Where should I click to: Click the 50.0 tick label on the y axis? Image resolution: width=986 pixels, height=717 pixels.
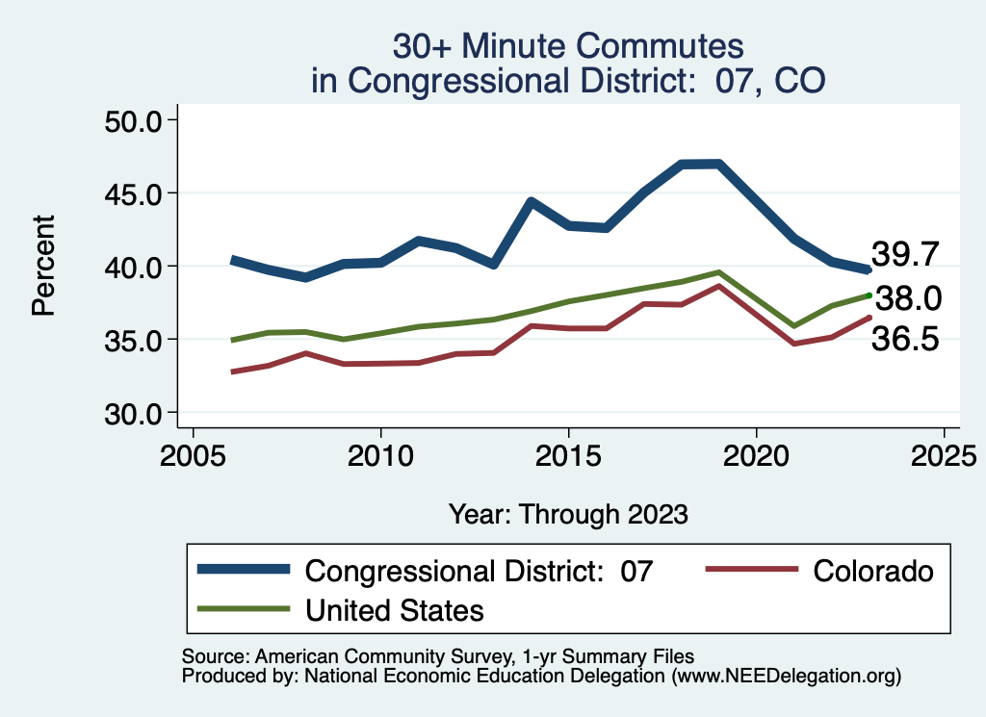click(133, 120)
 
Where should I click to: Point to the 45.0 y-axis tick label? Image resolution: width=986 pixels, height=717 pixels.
click(133, 193)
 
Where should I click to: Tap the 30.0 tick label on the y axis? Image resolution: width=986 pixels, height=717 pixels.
click(133, 413)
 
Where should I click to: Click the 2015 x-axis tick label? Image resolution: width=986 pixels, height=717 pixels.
click(568, 453)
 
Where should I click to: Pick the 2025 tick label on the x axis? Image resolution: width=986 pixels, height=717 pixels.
click(944, 453)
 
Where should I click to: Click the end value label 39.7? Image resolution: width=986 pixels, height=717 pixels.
click(905, 254)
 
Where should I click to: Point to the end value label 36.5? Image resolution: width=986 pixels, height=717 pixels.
click(905, 339)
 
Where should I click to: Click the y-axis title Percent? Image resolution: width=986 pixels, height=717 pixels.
click(42, 267)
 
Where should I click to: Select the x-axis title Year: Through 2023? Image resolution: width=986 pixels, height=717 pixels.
click(568, 514)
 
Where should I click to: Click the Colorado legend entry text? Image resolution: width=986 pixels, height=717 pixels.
click(873, 571)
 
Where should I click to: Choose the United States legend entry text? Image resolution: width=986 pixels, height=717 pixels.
click(394, 609)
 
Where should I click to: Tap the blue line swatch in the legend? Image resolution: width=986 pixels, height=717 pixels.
click(244, 570)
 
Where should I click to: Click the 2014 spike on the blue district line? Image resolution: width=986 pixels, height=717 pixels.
click(531, 200)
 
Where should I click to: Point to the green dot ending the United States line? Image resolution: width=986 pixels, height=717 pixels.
click(869, 295)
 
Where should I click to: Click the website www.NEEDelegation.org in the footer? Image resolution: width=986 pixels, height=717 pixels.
click(787, 677)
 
